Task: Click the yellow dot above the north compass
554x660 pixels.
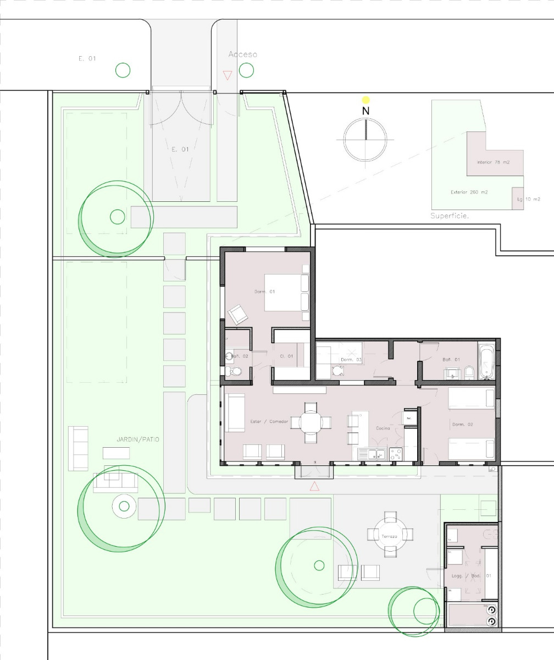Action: point(366,100)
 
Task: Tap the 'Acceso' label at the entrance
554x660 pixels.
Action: point(242,54)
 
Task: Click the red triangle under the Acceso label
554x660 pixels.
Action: point(227,75)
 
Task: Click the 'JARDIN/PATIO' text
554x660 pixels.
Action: point(137,440)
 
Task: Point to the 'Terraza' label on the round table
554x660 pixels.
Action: point(390,535)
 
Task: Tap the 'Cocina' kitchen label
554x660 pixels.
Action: point(383,428)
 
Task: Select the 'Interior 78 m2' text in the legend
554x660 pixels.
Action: point(493,163)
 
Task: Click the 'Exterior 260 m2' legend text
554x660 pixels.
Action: point(469,192)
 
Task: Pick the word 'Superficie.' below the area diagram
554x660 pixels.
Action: point(450,216)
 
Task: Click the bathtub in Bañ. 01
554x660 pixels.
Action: point(486,362)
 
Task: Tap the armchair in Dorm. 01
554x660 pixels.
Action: point(238,314)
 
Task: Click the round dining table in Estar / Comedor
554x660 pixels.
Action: point(311,422)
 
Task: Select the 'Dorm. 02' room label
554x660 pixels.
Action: point(462,424)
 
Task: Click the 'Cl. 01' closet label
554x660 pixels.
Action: point(286,356)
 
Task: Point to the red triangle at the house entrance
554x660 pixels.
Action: point(314,486)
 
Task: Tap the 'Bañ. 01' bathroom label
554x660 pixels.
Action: point(451,360)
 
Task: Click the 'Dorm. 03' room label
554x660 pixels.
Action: point(351,360)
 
